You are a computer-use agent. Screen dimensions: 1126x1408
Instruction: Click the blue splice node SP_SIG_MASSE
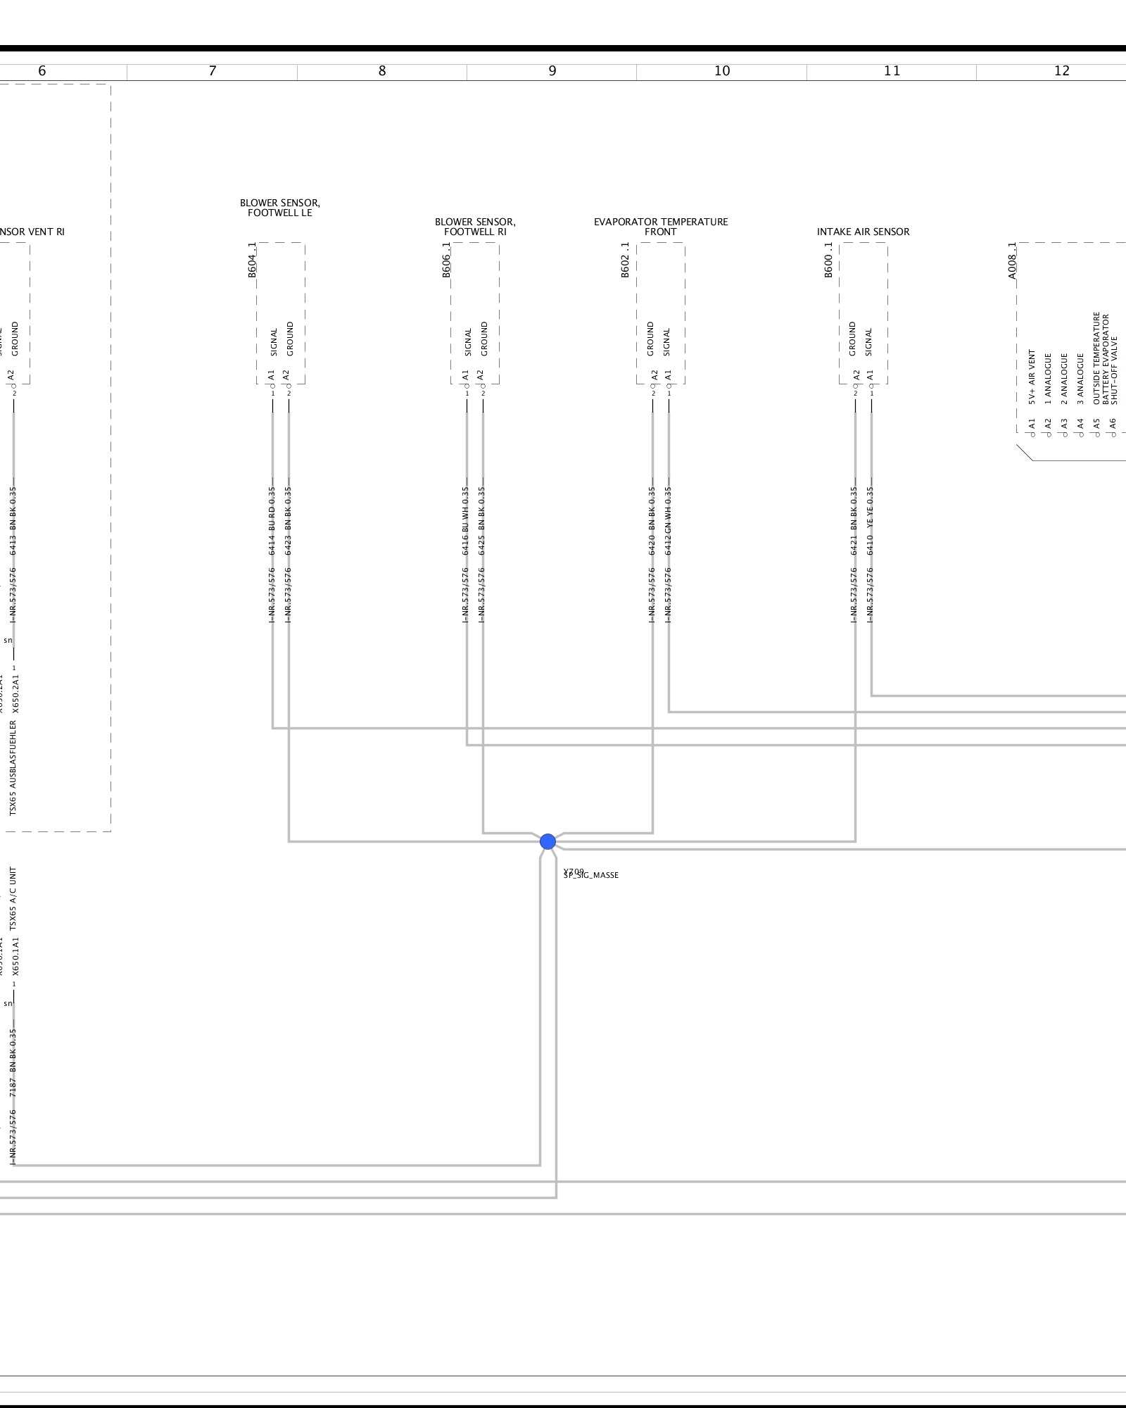pos(548,841)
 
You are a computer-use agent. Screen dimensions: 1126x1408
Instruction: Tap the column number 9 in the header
pos(552,71)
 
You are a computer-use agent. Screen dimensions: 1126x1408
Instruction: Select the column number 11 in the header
pos(892,71)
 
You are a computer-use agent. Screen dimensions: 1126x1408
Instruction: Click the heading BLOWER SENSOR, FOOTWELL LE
pos(280,208)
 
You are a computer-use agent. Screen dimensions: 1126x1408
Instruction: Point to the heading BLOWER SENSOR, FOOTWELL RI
pos(475,227)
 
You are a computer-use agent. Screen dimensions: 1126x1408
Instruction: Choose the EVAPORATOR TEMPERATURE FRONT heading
pos(661,227)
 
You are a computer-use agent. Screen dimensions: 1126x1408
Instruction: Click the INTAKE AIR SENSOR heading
pos(863,232)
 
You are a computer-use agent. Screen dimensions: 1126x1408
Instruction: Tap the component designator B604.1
pos(252,260)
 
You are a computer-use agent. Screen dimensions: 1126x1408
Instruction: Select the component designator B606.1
pos(446,260)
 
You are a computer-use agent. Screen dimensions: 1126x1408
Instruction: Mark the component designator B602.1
pos(625,260)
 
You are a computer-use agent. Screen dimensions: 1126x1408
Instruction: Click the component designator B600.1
pos(828,260)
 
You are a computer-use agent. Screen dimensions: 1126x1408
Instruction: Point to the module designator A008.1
pos(1012,260)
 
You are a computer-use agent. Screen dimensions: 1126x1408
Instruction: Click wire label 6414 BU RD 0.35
pos(272,521)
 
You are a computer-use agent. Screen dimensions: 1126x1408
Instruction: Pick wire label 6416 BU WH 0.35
pos(466,521)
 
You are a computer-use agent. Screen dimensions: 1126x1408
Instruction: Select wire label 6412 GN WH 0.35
pos(668,521)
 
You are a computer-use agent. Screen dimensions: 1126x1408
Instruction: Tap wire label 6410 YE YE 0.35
pos(871,521)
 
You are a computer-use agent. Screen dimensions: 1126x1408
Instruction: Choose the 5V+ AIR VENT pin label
pos(1032,377)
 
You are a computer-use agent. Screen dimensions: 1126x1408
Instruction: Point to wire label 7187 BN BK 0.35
pos(13,1063)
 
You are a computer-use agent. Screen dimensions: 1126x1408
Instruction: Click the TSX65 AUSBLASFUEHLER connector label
pos(13,768)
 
